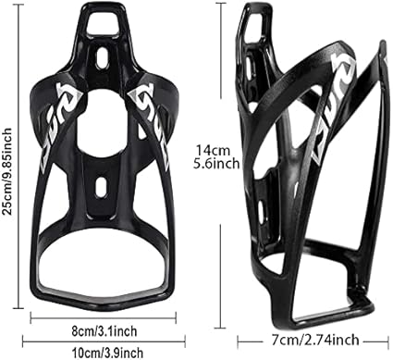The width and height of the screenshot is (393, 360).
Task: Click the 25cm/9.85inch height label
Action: (6, 171)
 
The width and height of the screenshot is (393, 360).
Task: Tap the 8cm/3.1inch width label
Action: (104, 331)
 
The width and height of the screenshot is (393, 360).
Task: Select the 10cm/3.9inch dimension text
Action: (107, 353)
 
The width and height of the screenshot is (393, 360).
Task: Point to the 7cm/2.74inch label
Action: (315, 340)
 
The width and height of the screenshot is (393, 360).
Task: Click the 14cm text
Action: (214, 151)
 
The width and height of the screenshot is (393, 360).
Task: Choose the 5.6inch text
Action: (216, 164)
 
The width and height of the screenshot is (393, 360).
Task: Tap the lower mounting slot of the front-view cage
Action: (101, 187)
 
